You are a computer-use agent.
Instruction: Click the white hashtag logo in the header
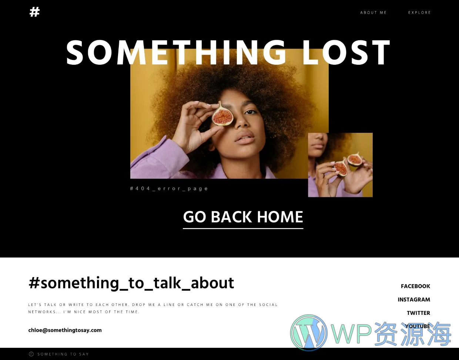[x=34, y=12]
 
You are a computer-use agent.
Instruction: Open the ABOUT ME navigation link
[x=373, y=13]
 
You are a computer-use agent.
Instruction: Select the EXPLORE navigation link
[x=419, y=13]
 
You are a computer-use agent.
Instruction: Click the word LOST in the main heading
[x=346, y=53]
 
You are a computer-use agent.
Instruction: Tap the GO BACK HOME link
[x=243, y=217]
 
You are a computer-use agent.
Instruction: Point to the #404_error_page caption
[x=169, y=188]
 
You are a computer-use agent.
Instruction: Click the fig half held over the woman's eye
[x=222, y=114]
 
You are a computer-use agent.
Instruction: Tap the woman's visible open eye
[x=251, y=112]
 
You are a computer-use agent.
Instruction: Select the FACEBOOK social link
[x=415, y=286]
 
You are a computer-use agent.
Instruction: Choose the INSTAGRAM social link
[x=414, y=300]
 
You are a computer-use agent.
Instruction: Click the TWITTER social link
[x=418, y=313]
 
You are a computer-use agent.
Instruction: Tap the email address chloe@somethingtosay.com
[x=65, y=330]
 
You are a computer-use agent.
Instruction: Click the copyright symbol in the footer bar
[x=31, y=354]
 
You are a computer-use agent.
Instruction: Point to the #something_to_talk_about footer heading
[x=131, y=283]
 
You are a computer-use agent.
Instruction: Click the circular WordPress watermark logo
[x=309, y=333]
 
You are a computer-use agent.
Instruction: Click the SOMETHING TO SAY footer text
[x=63, y=354]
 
